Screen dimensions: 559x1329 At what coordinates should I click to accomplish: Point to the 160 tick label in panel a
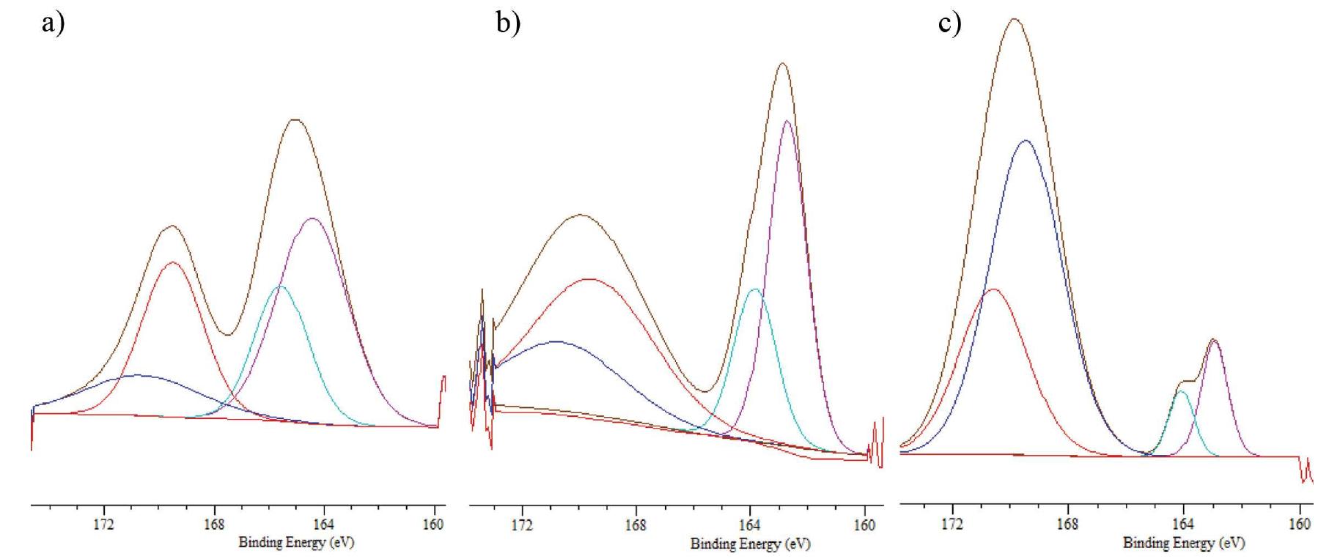[x=433, y=525]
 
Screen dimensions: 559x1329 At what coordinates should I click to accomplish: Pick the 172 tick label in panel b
[x=522, y=525]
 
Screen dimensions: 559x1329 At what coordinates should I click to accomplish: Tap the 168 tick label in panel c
[x=1067, y=525]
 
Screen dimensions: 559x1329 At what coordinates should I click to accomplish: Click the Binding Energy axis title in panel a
[x=296, y=543]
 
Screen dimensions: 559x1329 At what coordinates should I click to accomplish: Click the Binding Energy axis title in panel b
[x=750, y=544]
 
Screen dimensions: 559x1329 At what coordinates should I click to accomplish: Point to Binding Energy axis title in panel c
[x=1183, y=543]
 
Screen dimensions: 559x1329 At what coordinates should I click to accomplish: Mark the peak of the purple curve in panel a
[x=312, y=218]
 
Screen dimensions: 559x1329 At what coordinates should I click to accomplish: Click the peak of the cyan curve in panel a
[x=279, y=286]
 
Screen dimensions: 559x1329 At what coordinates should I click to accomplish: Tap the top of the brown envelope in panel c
[x=1015, y=19]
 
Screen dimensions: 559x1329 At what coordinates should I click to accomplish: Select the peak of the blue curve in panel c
[x=1025, y=141]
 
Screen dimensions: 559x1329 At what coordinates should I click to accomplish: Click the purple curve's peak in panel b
[x=787, y=121]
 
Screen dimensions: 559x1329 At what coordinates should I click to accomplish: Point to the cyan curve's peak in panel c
[x=1180, y=392]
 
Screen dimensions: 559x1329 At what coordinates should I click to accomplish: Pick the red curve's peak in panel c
[x=993, y=289]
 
